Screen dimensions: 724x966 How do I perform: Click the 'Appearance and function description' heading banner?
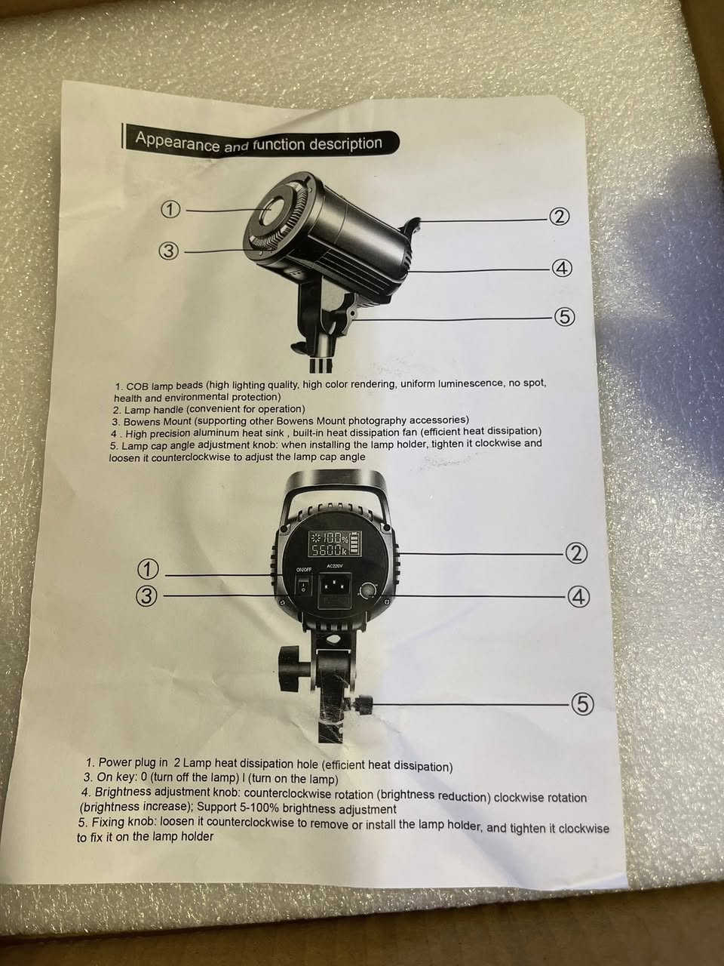click(260, 143)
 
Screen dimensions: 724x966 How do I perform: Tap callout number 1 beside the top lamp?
click(171, 210)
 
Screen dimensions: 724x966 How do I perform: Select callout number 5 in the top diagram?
click(564, 316)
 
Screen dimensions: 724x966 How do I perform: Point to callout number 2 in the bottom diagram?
click(576, 554)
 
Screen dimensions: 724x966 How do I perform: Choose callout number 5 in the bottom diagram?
click(582, 705)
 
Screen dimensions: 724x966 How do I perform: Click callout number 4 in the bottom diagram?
click(578, 597)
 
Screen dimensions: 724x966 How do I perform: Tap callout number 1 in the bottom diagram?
click(148, 570)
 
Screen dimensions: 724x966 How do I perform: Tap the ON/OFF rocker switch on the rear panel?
click(303, 586)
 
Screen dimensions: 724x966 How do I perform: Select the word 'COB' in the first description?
click(137, 387)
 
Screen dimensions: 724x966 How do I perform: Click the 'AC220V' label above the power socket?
click(336, 566)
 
